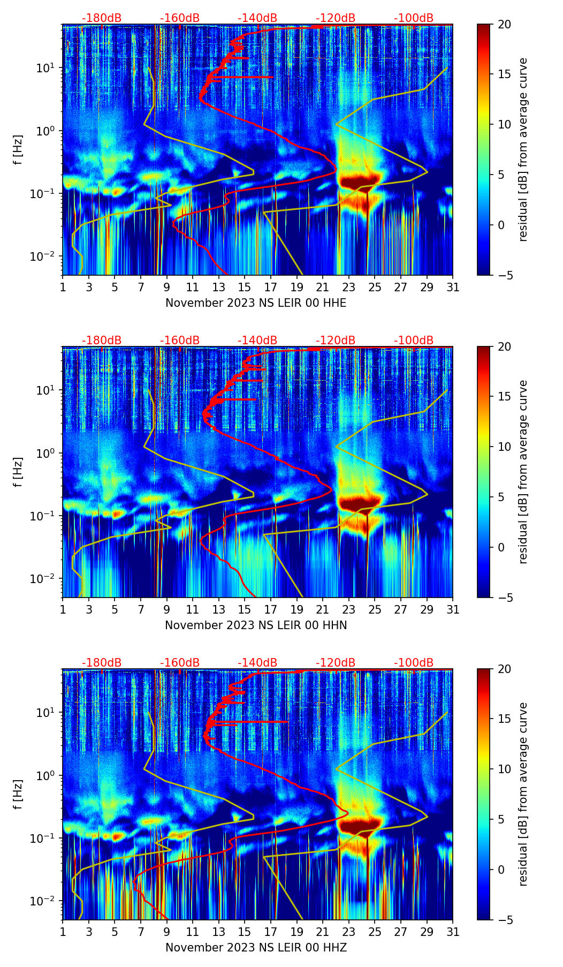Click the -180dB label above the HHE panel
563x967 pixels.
tap(102, 18)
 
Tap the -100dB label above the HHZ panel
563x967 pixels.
tap(414, 663)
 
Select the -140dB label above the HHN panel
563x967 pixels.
tap(257, 341)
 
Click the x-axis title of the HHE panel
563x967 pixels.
tap(256, 303)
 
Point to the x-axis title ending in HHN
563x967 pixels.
tap(256, 625)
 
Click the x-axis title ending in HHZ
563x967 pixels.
tap(256, 948)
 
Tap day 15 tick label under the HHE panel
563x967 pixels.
tap(244, 288)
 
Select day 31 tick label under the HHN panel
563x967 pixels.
tap(453, 610)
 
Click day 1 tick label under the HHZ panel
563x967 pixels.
tap(63, 932)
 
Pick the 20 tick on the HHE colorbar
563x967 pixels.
tap(504, 24)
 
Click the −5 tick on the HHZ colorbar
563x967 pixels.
tap(504, 920)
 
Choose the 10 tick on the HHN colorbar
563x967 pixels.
tap(504, 447)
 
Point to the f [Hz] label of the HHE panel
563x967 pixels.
tap(18, 150)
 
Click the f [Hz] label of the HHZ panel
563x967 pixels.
tap(18, 795)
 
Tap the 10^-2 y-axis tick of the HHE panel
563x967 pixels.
tap(45, 256)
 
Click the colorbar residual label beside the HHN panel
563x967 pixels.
tap(523, 472)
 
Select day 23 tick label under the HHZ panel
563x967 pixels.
tap(348, 932)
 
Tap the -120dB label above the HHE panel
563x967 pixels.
tap(336, 18)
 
